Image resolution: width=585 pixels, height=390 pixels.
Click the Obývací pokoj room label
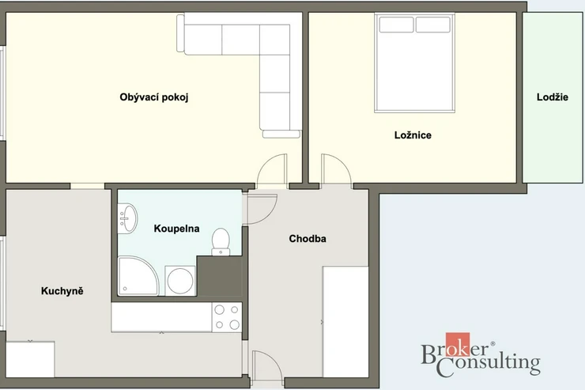153,97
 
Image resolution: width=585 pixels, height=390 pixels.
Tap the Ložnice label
413,135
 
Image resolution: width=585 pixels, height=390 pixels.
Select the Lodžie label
553,97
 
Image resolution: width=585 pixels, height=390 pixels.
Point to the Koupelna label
176,229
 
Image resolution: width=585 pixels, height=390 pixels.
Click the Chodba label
308,238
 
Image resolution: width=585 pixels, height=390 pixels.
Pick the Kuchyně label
62,291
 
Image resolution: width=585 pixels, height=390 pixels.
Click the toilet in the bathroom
221,242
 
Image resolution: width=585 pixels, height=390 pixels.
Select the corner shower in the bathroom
138,276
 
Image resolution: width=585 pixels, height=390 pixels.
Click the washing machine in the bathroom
180,281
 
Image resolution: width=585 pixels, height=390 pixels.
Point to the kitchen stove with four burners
227,317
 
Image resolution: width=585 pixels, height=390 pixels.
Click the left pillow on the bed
396,25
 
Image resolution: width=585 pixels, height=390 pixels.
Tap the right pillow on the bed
432,25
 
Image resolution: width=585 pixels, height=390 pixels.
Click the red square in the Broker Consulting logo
458,344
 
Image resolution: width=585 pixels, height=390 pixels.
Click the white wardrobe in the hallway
345,322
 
